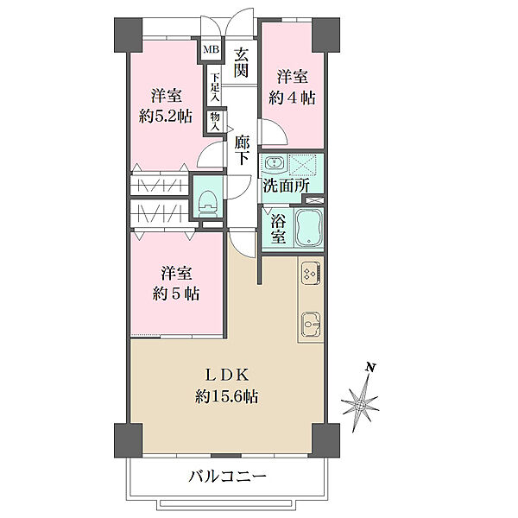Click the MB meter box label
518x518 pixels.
click(x=210, y=50)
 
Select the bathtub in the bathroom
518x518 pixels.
click(x=309, y=229)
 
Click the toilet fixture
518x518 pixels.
click(x=207, y=200)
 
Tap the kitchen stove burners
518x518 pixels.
click(x=311, y=274)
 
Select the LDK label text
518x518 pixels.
click(x=227, y=375)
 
